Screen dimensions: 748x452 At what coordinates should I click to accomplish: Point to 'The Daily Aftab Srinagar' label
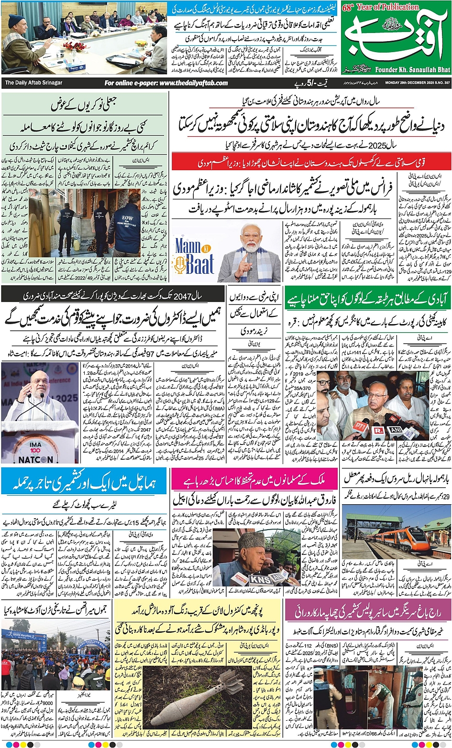point(33,83)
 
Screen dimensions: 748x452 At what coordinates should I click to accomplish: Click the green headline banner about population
point(367,300)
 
